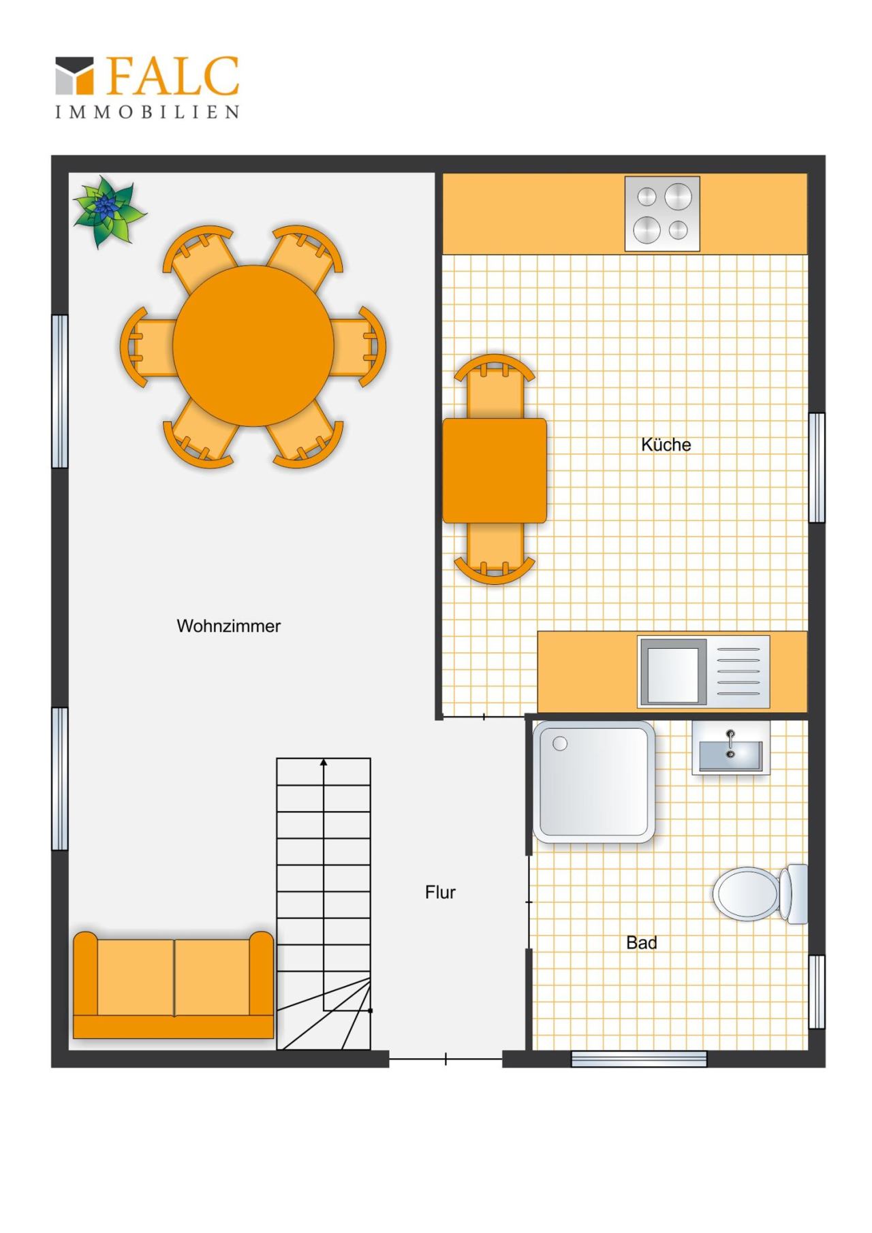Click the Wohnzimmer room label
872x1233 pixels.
(x=228, y=626)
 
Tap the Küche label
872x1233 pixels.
(x=666, y=445)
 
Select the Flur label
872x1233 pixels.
(x=440, y=892)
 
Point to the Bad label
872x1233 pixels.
(x=641, y=942)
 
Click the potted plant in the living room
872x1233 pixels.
(x=108, y=211)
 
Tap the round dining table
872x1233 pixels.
(x=253, y=345)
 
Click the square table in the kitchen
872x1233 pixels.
(x=495, y=470)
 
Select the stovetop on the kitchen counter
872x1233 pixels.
(x=662, y=214)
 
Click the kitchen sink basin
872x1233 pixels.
(x=673, y=675)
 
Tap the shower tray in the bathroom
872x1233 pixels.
(x=593, y=782)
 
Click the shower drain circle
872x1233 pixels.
(x=560, y=743)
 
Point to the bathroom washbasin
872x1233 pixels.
(x=730, y=748)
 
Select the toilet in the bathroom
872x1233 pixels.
(x=760, y=894)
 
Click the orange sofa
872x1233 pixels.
(x=173, y=984)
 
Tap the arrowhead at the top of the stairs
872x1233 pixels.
(x=324, y=763)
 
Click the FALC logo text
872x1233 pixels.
(x=172, y=76)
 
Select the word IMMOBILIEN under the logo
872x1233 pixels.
(x=147, y=112)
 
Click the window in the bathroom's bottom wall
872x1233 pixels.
(x=638, y=1059)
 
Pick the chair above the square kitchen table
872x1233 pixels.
(x=495, y=386)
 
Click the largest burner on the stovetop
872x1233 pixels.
(x=679, y=196)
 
